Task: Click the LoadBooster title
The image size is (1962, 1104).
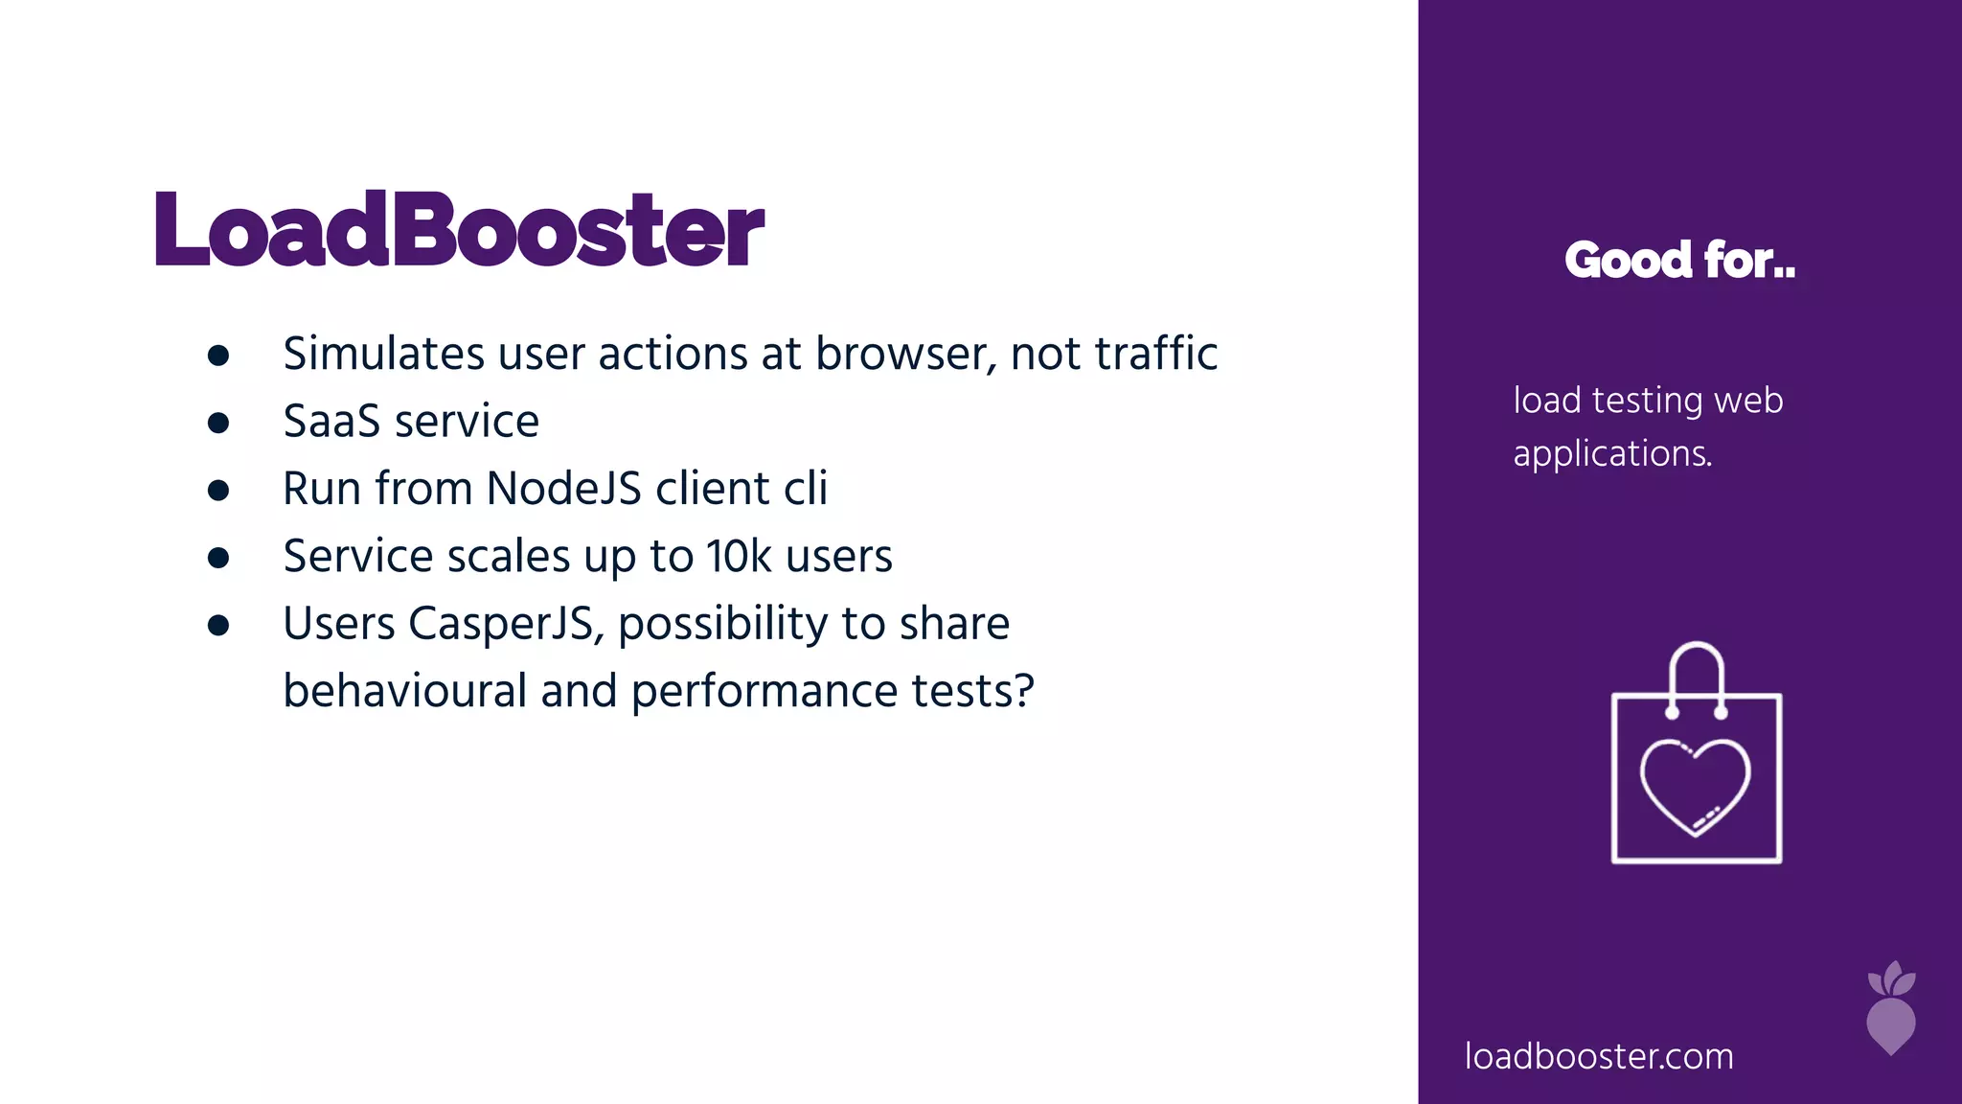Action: click(458, 230)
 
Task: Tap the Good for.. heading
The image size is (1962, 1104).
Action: click(1679, 260)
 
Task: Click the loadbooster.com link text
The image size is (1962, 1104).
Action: click(1599, 1056)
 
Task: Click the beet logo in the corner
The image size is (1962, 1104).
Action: click(1891, 1009)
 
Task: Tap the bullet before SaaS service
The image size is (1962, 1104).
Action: click(218, 423)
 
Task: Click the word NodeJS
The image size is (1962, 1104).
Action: click(563, 489)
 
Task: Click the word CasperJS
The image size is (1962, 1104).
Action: click(506, 624)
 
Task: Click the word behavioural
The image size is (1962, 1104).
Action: click(404, 691)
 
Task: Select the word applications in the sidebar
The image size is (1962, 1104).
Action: click(1612, 454)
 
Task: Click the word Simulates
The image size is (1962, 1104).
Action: click(383, 354)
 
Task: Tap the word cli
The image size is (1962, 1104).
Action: click(806, 489)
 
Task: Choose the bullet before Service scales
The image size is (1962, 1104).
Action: click(218, 558)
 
